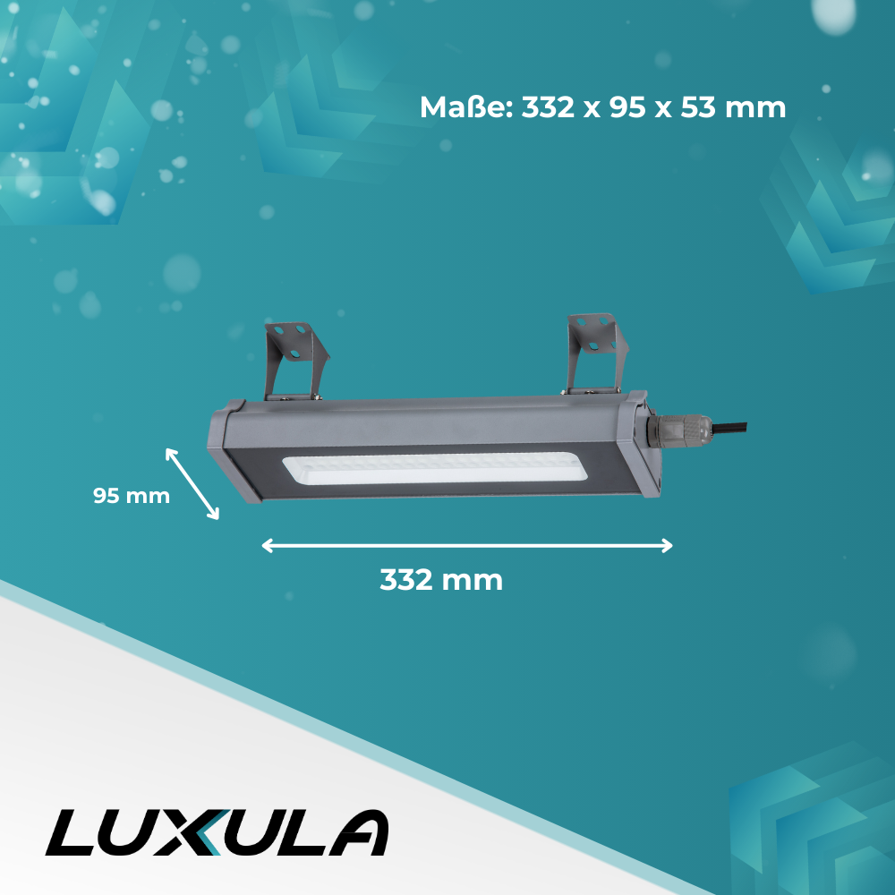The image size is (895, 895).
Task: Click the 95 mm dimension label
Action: (x=132, y=496)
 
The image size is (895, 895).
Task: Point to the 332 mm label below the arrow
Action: (x=441, y=580)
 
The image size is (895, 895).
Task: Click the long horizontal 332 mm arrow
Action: (x=466, y=546)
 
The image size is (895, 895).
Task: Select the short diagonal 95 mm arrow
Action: (x=192, y=483)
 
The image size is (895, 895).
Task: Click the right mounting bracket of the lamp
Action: (x=591, y=353)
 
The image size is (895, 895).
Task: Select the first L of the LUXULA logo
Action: (x=72, y=833)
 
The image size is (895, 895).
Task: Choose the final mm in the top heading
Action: (x=759, y=108)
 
